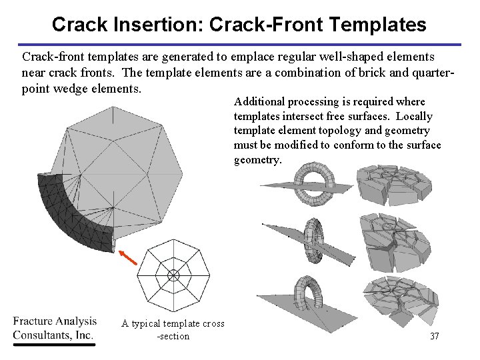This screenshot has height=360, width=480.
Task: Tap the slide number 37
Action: (434, 336)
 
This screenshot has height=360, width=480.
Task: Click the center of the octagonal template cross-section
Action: (173, 274)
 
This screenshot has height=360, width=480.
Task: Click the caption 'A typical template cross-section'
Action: (173, 329)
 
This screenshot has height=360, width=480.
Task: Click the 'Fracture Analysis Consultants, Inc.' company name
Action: (55, 328)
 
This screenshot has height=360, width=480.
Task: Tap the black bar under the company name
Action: (55, 344)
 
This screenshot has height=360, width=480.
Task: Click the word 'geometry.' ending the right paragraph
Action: (257, 160)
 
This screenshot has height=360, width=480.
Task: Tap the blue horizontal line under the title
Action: (240, 45)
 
